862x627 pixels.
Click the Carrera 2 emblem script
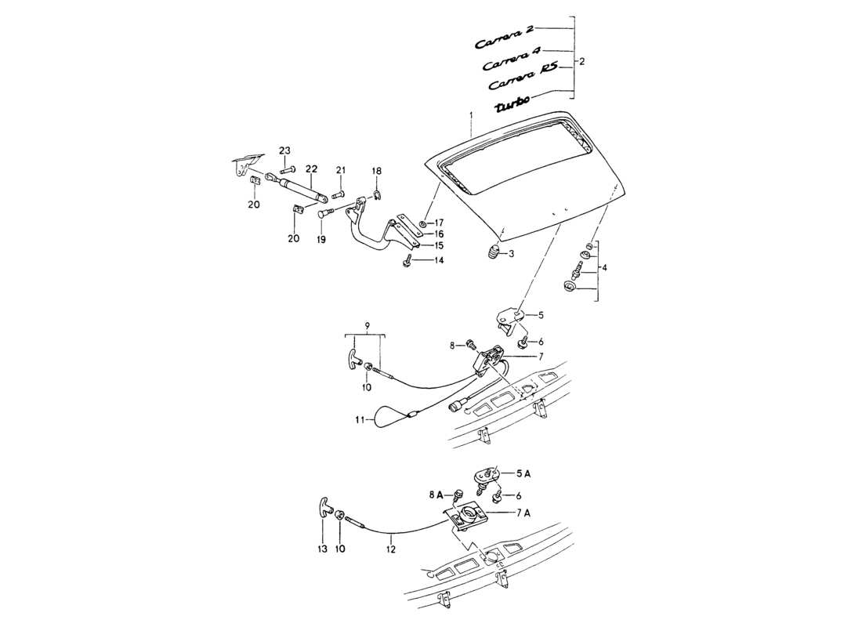point(505,36)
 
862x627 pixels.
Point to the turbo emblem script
point(513,102)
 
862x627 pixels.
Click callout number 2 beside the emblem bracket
point(581,60)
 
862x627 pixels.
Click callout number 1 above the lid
point(471,115)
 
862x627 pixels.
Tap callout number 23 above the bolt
point(284,151)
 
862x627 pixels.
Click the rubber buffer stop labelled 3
point(491,252)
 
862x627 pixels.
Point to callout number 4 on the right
point(603,267)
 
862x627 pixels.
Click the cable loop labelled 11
point(389,417)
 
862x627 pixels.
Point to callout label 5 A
point(523,473)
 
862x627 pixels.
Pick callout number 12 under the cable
point(391,549)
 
